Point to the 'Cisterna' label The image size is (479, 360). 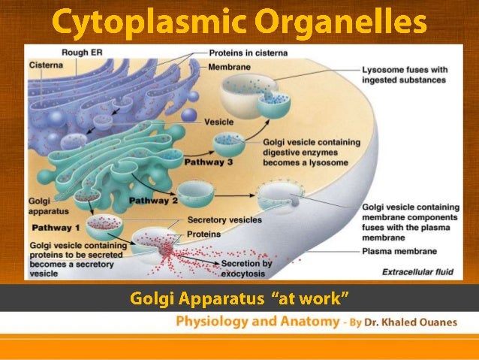point(43,65)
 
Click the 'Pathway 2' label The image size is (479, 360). point(154,201)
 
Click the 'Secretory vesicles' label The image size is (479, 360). point(224,220)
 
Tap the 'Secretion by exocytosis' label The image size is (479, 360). point(246,268)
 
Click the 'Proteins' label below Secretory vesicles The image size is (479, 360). point(203,234)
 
